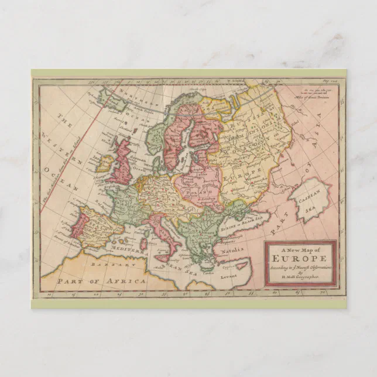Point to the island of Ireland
[105, 164]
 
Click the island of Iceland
[112, 96]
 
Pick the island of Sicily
[164, 258]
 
